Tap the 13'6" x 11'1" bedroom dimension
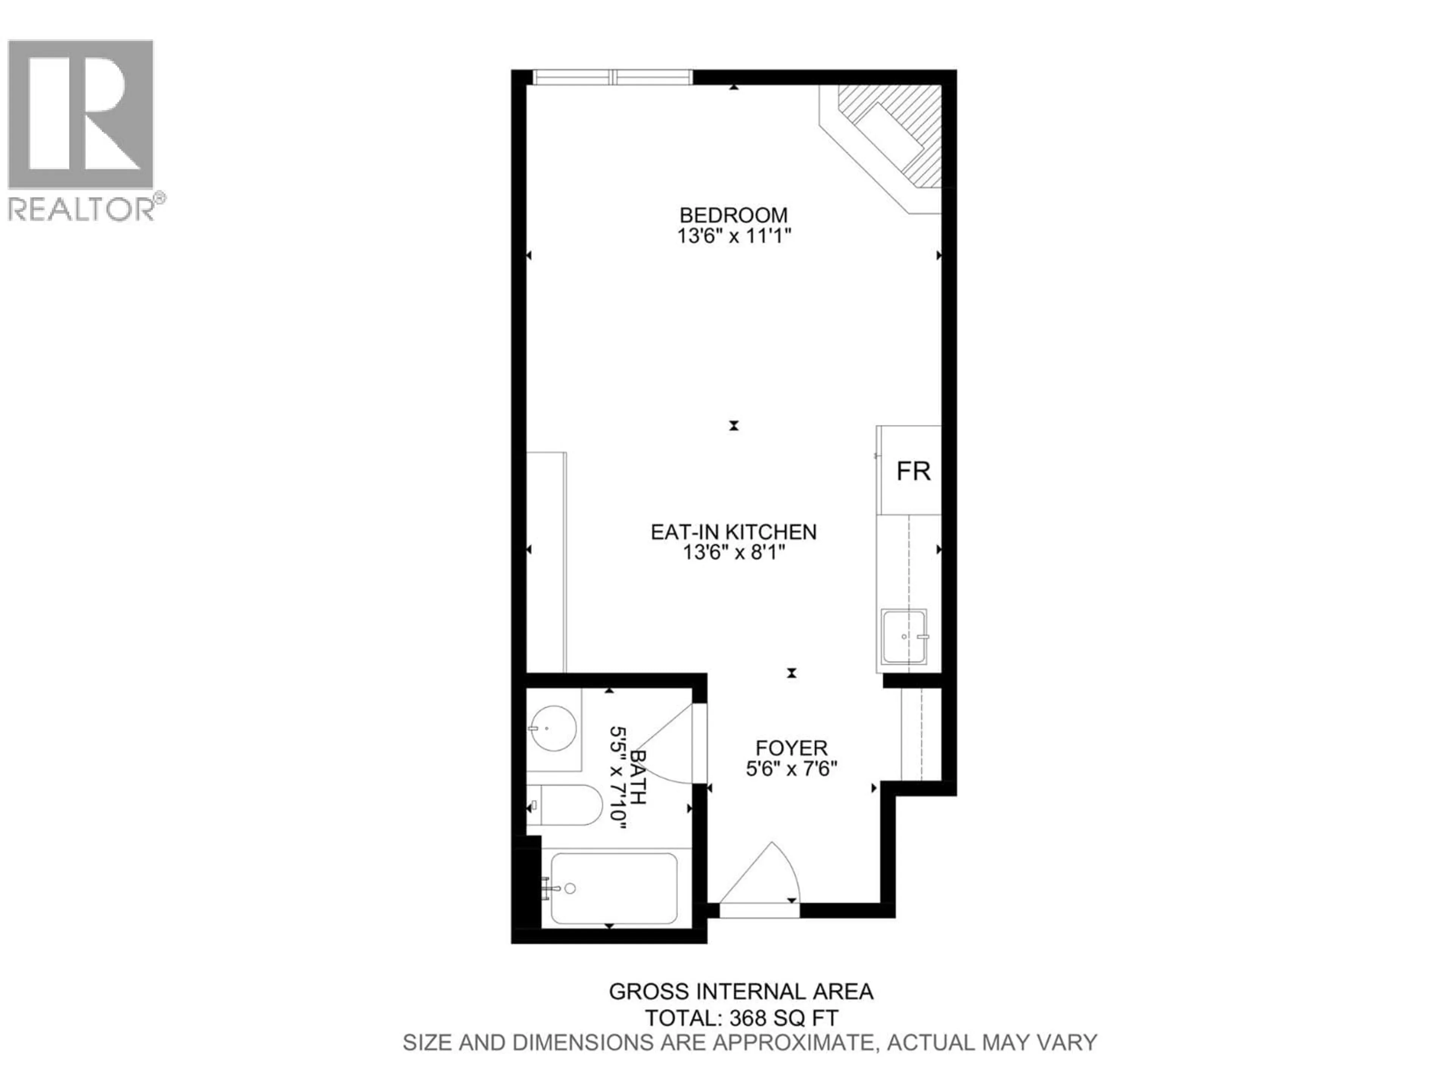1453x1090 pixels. point(734,236)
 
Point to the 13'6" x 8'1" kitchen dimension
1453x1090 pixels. point(734,553)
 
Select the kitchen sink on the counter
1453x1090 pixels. point(904,636)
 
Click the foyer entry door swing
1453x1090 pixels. point(762,877)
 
